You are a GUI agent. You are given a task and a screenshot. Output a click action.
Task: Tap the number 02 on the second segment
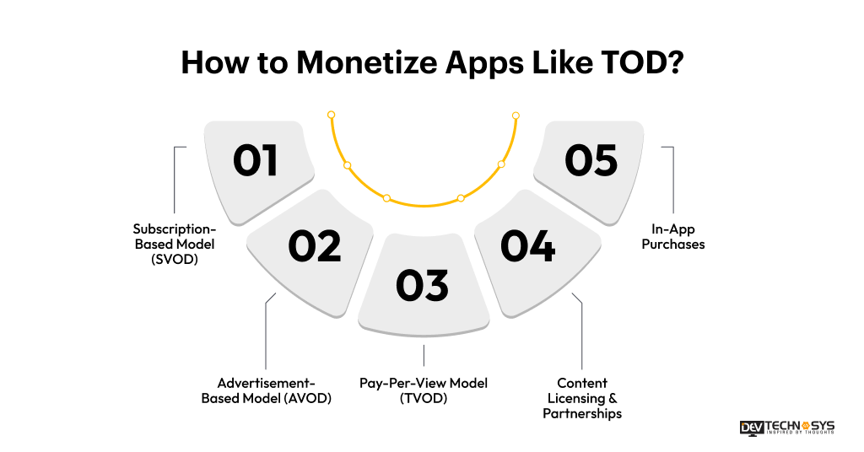[x=314, y=245]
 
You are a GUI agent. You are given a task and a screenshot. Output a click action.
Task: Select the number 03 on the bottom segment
[x=423, y=286]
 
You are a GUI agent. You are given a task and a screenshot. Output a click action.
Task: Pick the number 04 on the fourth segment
[x=528, y=245]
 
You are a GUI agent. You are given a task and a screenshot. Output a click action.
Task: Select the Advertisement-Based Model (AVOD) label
[x=266, y=390]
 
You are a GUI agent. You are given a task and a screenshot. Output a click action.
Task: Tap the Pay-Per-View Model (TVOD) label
[x=424, y=390]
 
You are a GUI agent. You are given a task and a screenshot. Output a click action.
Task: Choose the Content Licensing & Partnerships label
[x=582, y=398]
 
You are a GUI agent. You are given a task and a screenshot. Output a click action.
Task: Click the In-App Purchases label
[x=672, y=236]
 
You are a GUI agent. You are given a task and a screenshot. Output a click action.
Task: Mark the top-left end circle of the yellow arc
[x=332, y=115]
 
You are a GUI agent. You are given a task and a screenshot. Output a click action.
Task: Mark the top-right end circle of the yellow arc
[x=516, y=116]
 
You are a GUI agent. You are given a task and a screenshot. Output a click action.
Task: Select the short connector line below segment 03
[x=424, y=355]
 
